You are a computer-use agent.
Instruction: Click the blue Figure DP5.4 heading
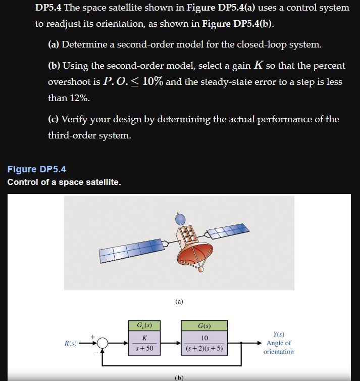coord(36,169)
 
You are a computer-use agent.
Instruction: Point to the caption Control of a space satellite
coord(64,182)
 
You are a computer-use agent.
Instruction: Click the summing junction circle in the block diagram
coord(103,343)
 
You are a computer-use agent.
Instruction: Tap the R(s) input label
coord(71,344)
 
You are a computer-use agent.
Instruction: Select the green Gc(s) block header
coord(145,325)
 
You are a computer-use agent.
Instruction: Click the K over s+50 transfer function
coord(145,343)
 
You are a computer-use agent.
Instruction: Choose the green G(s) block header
coord(205,325)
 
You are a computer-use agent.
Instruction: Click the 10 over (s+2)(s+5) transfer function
coord(205,343)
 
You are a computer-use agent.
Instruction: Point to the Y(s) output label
coord(278,334)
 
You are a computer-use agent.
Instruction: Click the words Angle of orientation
coord(278,347)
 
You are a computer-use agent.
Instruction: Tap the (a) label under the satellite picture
coord(179,302)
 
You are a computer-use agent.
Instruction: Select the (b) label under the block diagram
coord(179,377)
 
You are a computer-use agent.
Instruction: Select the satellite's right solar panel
coord(228,233)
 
